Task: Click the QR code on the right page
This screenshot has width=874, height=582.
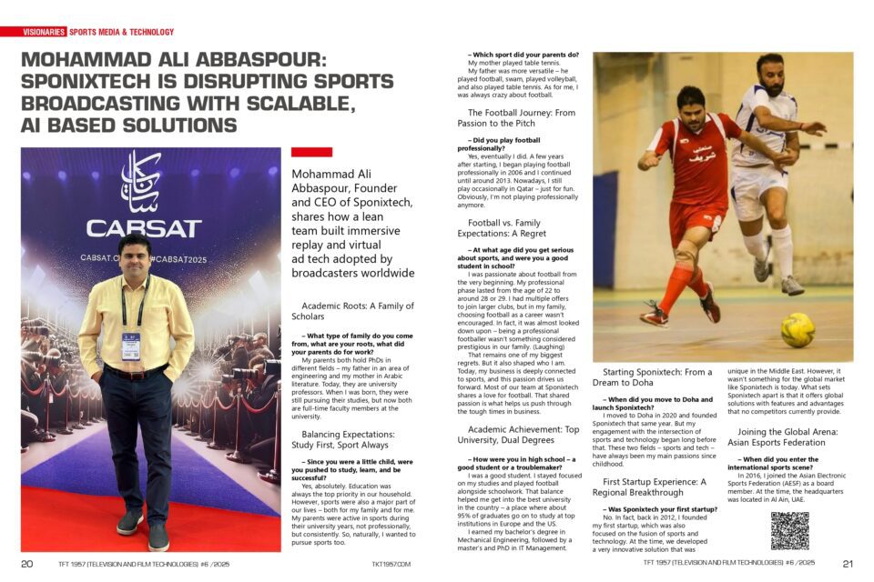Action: tap(789, 530)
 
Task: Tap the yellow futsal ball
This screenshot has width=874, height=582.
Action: tap(798, 328)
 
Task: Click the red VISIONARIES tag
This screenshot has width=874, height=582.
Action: tap(45, 32)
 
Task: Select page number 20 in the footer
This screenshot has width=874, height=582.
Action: tap(27, 564)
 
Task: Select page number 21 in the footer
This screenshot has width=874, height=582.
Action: tap(848, 564)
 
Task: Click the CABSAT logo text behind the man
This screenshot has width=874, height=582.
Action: tap(144, 227)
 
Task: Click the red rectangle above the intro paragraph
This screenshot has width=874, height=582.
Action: tap(311, 152)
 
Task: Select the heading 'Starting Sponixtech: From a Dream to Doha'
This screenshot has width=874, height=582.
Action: tap(658, 376)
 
